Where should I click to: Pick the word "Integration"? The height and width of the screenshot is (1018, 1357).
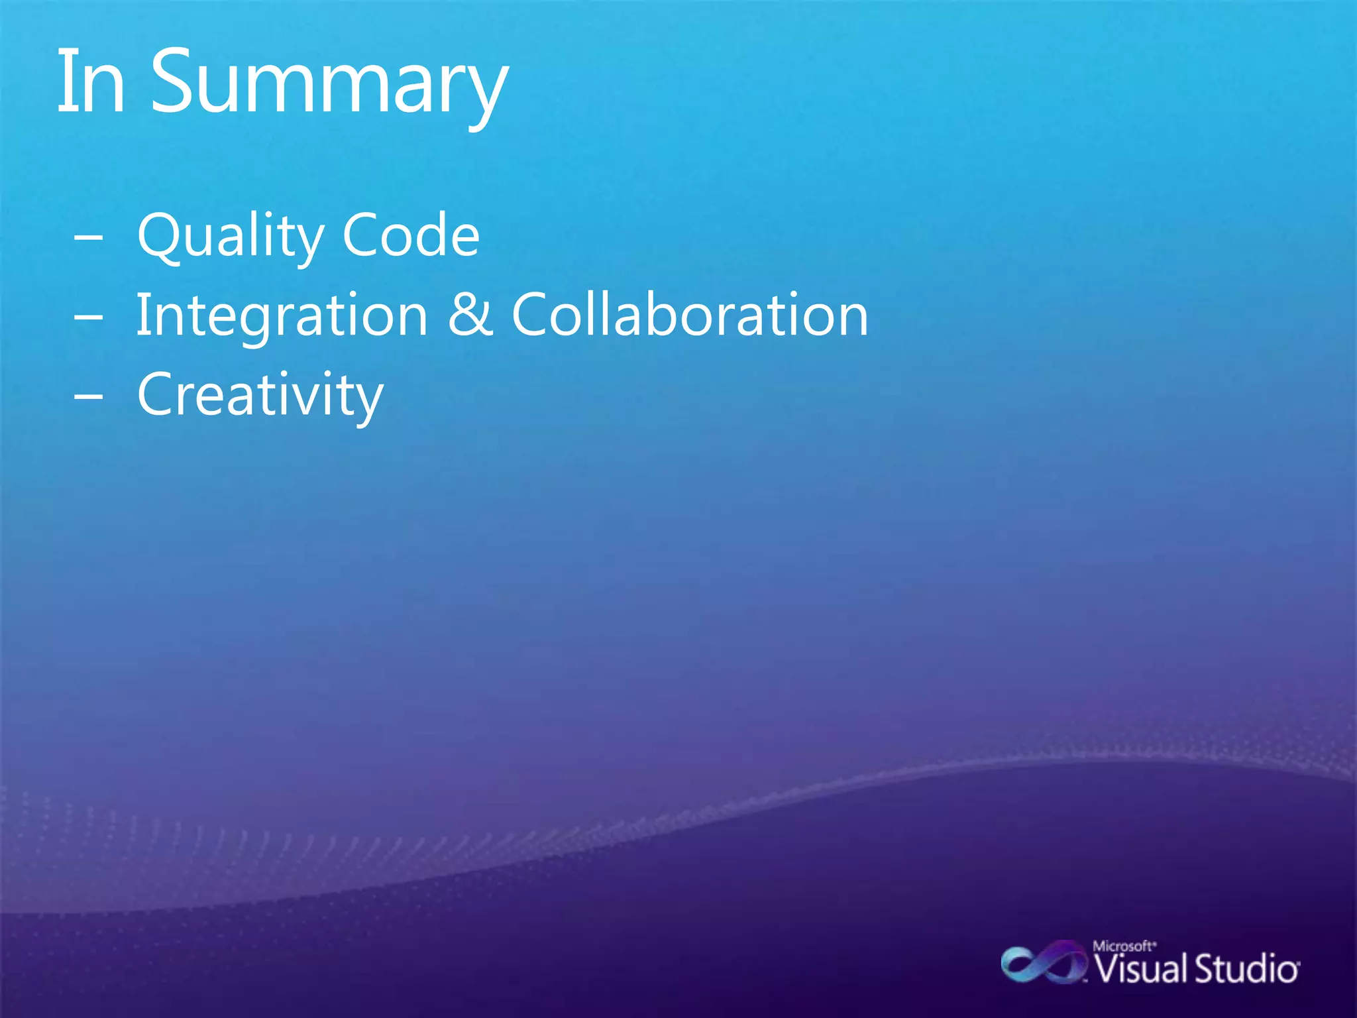coord(282,316)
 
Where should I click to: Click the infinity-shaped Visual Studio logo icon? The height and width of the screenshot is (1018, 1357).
coord(1043,964)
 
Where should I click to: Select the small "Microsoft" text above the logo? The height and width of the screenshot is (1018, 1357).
coord(1124,946)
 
